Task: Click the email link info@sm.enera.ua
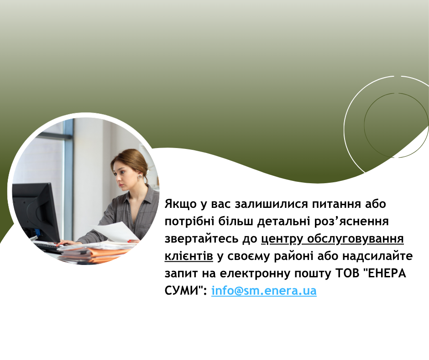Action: tap(264, 291)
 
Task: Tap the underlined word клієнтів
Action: tap(188, 256)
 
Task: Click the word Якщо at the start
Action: tap(181, 204)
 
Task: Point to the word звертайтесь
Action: tap(201, 239)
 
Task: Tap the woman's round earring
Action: tap(140, 176)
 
